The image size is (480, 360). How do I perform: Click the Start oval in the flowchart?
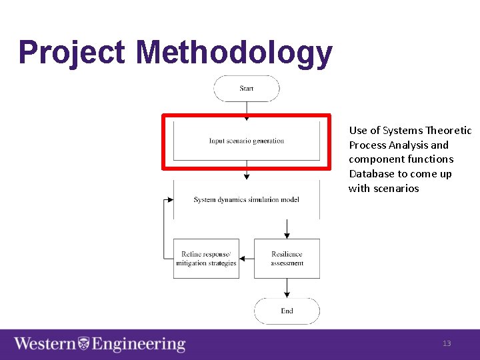(x=246, y=89)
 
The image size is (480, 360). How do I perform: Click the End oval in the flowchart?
(x=287, y=311)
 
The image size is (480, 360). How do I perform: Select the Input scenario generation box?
(x=246, y=141)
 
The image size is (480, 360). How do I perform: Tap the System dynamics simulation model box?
(x=246, y=199)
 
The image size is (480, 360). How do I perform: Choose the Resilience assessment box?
(x=287, y=259)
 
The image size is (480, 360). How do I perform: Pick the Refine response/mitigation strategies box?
(x=206, y=259)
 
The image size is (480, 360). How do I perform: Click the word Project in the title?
(x=72, y=53)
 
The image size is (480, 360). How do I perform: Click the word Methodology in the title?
(x=233, y=53)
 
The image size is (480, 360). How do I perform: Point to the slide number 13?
(x=447, y=343)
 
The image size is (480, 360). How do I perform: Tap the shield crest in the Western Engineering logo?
(x=84, y=344)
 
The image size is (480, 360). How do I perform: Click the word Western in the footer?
(x=45, y=344)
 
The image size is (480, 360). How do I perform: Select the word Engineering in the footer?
(x=138, y=344)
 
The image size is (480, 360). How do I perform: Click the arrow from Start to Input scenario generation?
(x=247, y=110)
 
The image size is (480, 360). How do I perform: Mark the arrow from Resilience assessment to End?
(x=287, y=288)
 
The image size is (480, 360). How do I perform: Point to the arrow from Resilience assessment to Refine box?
(x=246, y=259)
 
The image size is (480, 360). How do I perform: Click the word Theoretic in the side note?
(x=449, y=131)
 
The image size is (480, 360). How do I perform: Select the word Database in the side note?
(x=367, y=174)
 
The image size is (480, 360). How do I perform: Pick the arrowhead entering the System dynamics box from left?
(x=171, y=199)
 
